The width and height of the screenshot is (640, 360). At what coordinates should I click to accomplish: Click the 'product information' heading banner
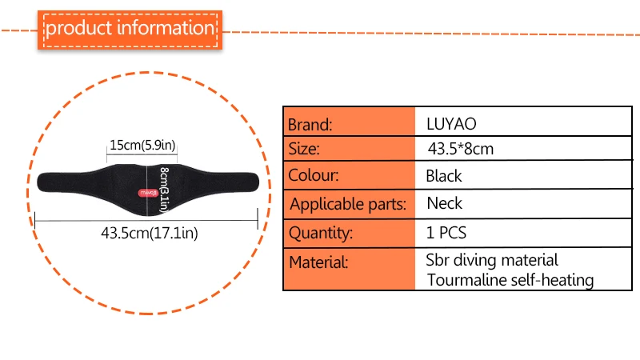[130, 30]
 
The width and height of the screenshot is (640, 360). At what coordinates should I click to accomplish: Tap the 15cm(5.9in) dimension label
[142, 145]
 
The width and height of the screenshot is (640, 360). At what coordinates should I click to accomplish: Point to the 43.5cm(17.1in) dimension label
[150, 233]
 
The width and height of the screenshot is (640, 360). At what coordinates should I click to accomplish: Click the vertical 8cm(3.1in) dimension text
[164, 190]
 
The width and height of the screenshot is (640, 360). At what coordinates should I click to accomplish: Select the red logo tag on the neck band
[148, 193]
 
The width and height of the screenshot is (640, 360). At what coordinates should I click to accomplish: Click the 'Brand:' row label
[310, 125]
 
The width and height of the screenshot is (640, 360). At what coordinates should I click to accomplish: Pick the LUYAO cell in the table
[451, 124]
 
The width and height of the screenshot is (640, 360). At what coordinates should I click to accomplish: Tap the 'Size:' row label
[304, 149]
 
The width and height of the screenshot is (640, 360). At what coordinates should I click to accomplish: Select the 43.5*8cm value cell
[461, 149]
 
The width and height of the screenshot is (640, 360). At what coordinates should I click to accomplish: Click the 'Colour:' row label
[314, 175]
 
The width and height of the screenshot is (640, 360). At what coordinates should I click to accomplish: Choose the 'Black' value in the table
[444, 176]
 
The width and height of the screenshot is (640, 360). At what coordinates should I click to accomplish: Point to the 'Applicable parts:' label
[348, 204]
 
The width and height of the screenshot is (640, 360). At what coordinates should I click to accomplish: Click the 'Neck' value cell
[445, 203]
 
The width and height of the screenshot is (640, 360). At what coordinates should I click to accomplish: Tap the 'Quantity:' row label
[321, 233]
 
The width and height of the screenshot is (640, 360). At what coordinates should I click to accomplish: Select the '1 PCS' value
[446, 233]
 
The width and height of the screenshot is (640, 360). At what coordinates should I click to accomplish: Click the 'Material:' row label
[318, 262]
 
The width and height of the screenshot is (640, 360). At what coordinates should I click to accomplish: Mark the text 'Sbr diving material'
[492, 260]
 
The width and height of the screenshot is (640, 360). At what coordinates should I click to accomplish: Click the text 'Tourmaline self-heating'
[510, 280]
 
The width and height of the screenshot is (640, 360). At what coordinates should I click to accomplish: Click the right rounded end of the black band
[254, 182]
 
